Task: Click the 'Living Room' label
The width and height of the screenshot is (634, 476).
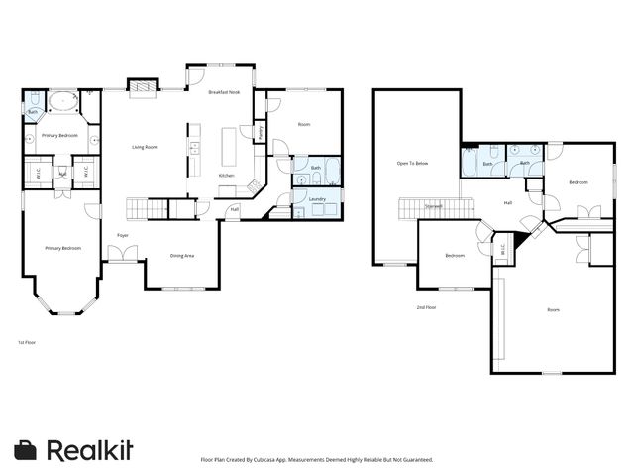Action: [145, 148]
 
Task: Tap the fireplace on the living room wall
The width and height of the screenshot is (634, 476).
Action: [145, 90]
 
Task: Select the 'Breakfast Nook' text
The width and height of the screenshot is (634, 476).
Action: [224, 92]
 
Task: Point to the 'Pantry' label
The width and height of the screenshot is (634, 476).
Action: [261, 131]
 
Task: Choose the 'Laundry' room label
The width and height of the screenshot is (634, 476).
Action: [317, 199]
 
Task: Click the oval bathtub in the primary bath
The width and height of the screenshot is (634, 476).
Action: [64, 100]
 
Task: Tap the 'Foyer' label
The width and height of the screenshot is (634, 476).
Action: [123, 235]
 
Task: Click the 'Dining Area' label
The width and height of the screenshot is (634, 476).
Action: [181, 255]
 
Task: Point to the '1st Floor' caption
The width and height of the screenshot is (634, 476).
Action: [27, 341]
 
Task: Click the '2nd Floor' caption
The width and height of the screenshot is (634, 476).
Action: [427, 308]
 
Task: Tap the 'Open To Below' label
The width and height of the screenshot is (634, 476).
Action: [412, 163]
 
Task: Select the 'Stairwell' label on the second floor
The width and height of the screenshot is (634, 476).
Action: [434, 206]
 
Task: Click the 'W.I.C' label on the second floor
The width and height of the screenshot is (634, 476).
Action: [502, 248]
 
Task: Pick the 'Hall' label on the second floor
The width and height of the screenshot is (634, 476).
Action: [508, 203]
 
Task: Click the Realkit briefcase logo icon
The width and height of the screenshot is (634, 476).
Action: [26, 449]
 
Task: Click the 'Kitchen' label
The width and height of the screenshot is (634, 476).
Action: [226, 176]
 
